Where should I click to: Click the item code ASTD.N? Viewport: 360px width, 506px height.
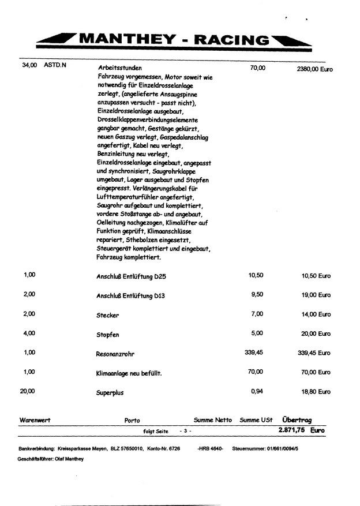(x=55, y=66)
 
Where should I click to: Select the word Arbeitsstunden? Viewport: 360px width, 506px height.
(x=120, y=68)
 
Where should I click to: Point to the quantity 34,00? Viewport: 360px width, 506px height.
(x=28, y=66)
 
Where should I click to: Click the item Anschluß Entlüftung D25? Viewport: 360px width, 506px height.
(x=131, y=277)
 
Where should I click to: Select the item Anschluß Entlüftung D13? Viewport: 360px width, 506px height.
(x=131, y=297)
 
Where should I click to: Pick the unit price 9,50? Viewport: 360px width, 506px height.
(x=256, y=294)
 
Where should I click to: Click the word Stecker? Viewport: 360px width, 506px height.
(x=108, y=316)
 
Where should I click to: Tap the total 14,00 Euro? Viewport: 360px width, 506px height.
(x=316, y=314)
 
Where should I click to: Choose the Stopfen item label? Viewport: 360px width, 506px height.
(x=108, y=335)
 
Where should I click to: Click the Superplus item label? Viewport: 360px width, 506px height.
(x=110, y=393)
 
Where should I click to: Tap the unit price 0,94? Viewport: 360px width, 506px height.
(x=257, y=391)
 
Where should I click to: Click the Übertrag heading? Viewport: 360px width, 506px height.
(x=297, y=420)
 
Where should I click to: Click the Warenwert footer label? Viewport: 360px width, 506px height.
(x=35, y=420)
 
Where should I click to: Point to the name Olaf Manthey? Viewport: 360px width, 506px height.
(x=69, y=459)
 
